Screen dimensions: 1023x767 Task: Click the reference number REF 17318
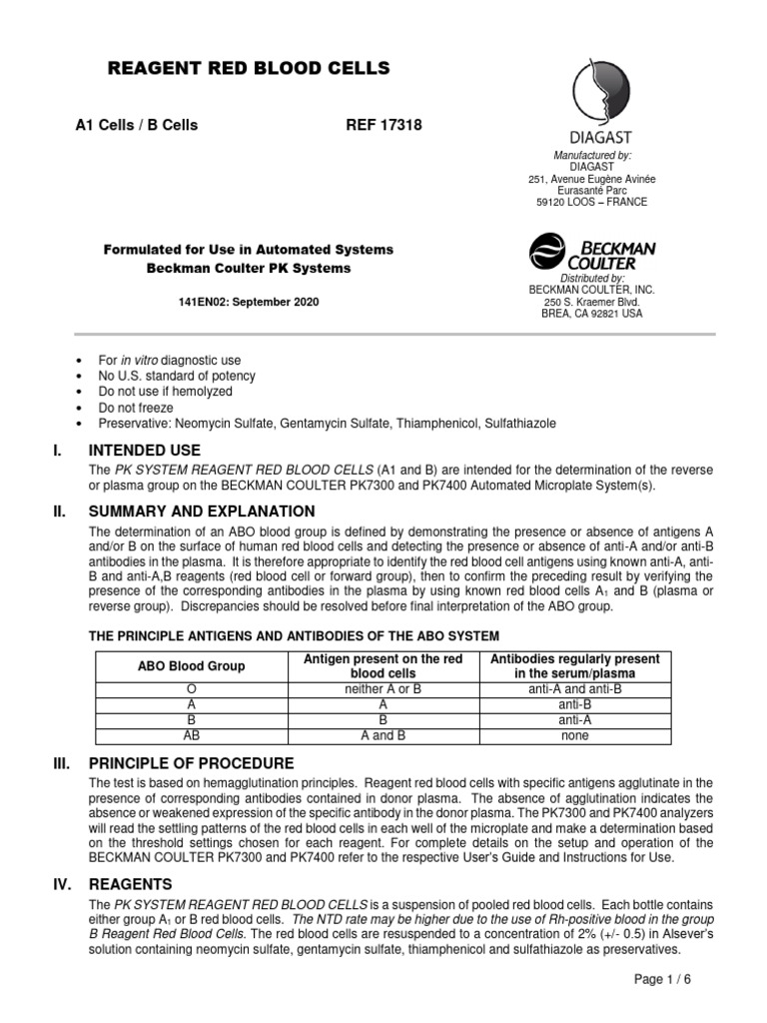383,125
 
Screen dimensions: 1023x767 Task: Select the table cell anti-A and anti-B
575,689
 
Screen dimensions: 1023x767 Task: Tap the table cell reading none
575,736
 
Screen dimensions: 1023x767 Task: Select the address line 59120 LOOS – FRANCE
592,202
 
